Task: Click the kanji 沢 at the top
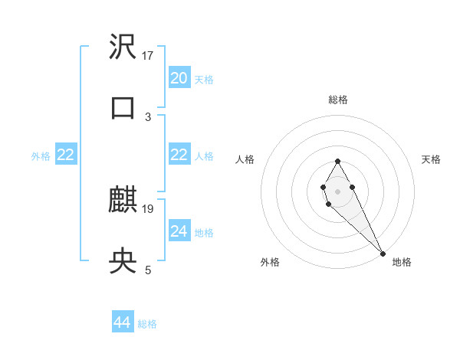(x=123, y=47)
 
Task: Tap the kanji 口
(x=123, y=106)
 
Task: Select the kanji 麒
(x=123, y=201)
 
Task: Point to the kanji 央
(x=123, y=262)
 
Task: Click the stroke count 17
(x=148, y=55)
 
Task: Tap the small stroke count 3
(x=148, y=116)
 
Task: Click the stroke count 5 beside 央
(x=148, y=270)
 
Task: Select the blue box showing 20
(x=179, y=78)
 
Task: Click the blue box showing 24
(x=179, y=231)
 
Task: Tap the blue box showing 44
(x=122, y=322)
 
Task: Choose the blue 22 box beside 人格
(x=179, y=155)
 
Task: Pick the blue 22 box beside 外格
(x=65, y=155)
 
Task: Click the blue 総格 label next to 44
(x=148, y=324)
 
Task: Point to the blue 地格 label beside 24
(x=204, y=233)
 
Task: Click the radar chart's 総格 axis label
(x=338, y=100)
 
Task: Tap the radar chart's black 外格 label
(x=270, y=262)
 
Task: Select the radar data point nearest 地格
(x=383, y=253)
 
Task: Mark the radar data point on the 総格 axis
(x=337, y=161)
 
